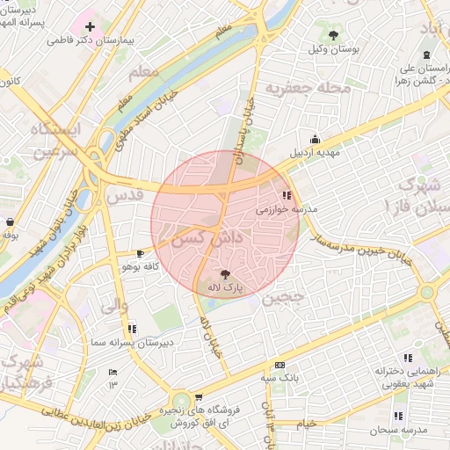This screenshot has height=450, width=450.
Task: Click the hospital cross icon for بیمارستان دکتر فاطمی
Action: point(90,26)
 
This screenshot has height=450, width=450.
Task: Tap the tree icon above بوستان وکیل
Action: point(333,35)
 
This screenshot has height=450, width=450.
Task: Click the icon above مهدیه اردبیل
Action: point(315,139)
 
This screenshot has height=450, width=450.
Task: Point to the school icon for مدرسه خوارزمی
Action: point(287,195)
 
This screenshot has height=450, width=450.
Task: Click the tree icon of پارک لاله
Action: point(225,274)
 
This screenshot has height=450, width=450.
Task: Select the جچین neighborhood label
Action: point(282,297)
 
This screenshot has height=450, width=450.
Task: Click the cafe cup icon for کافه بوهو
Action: point(141,253)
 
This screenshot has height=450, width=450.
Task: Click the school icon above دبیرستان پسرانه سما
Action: point(132,329)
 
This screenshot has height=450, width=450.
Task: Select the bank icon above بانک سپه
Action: point(279,365)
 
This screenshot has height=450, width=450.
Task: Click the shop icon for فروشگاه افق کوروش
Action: point(199,397)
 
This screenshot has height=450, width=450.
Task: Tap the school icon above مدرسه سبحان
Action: point(399,416)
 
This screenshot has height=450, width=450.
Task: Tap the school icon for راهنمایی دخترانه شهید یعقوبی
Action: point(408,358)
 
